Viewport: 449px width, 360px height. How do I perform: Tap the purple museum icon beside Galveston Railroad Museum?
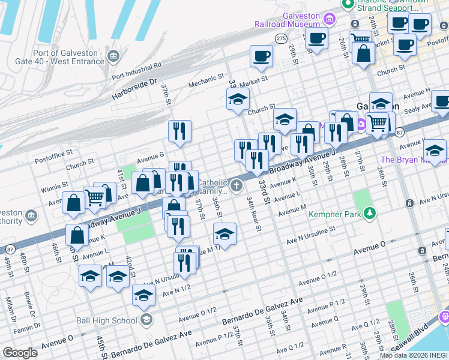[x=328, y=19]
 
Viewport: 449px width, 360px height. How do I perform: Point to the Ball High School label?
[x=107, y=320]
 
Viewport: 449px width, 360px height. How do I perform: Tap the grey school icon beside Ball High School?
[x=146, y=320]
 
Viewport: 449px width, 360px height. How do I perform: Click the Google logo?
[x=20, y=352]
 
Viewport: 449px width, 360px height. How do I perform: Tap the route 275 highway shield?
[x=281, y=38]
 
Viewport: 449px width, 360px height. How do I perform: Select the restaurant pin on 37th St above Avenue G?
[x=179, y=131]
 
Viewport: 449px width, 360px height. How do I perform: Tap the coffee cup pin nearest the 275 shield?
[x=261, y=57]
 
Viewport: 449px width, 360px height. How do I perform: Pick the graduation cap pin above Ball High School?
[x=143, y=295]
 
